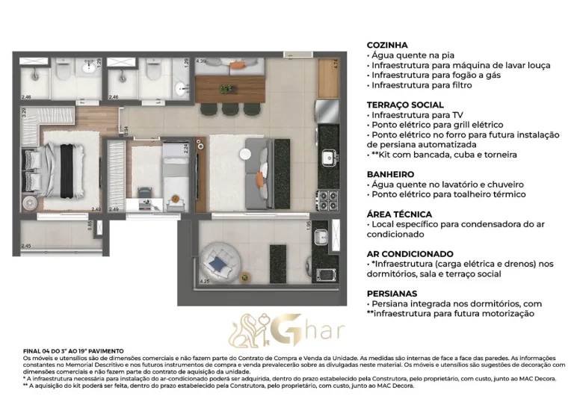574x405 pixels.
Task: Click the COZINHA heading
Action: [386, 45]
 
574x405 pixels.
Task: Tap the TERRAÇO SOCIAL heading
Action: [405, 105]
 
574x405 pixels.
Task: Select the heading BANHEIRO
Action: [391, 174]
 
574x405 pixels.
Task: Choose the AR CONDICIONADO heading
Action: [410, 254]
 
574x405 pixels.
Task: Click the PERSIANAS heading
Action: [392, 294]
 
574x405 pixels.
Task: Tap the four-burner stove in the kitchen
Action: [328, 198]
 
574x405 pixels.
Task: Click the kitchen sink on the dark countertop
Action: [328, 158]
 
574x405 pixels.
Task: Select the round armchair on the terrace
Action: [220, 262]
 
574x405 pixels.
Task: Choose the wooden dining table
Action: [229, 86]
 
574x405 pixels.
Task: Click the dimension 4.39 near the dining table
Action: [201, 61]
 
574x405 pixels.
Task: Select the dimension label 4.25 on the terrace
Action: [205, 282]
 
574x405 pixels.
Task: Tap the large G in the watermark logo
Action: [294, 328]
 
